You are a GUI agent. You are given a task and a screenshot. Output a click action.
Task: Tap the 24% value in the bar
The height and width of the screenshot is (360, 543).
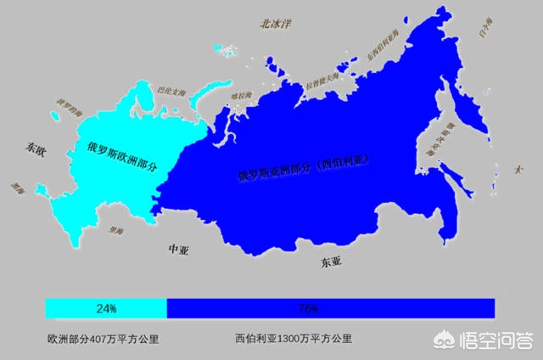click(106, 307)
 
